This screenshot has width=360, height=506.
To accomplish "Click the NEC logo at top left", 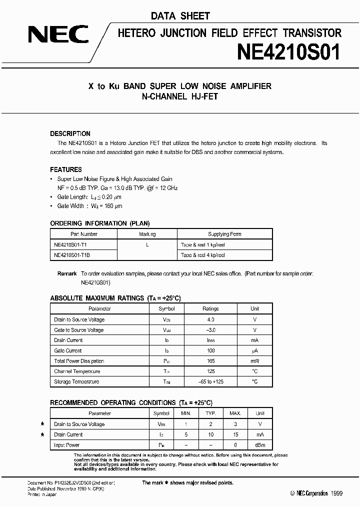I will pos(58,35).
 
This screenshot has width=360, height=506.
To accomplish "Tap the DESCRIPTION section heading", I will pos(70,134).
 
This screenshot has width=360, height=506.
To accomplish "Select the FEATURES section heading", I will pos(66,169).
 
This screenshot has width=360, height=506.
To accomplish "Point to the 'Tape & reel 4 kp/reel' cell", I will pos(203,255).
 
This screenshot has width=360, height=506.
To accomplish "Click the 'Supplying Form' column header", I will pos(224,234).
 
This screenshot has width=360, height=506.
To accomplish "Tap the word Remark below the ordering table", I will pos(67,273).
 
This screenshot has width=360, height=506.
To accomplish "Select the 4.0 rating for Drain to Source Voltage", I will pos(210,319).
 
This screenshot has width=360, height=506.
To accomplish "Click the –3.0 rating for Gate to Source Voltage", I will pos(210,330).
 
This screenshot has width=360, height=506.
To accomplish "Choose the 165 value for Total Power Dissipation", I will pos(210,361).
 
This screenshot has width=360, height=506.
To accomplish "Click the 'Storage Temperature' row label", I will pos(76,382).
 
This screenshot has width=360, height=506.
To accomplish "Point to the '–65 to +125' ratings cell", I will pos(210,382).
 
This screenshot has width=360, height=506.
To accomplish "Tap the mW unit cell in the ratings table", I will pos(255,361).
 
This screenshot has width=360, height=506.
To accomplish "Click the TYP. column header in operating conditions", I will pos(210,414).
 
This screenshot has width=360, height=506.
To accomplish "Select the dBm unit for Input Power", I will pos(260,445).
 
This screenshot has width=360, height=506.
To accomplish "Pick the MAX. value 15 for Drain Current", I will pos(235,434).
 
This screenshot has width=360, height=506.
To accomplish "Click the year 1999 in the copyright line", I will pos(336,493).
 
